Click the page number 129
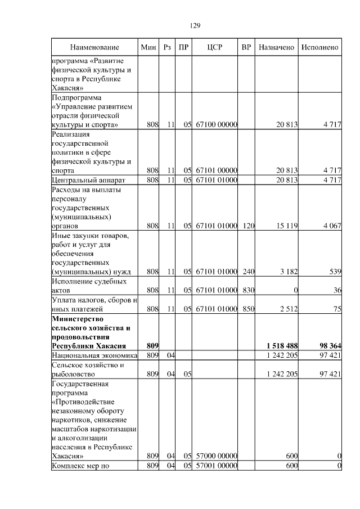(195, 25)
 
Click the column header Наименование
(94, 47)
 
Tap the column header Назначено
(277, 47)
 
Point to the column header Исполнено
(319, 47)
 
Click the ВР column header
(246, 47)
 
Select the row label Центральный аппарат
(88, 180)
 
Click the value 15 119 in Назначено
(286, 226)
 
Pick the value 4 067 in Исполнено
(331, 226)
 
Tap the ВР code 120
(248, 226)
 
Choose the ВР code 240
(248, 272)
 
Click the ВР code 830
(248, 290)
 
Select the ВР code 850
(248, 309)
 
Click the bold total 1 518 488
(281, 345)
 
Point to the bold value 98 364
(329, 345)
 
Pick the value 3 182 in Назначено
(288, 272)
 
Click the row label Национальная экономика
(94, 355)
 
